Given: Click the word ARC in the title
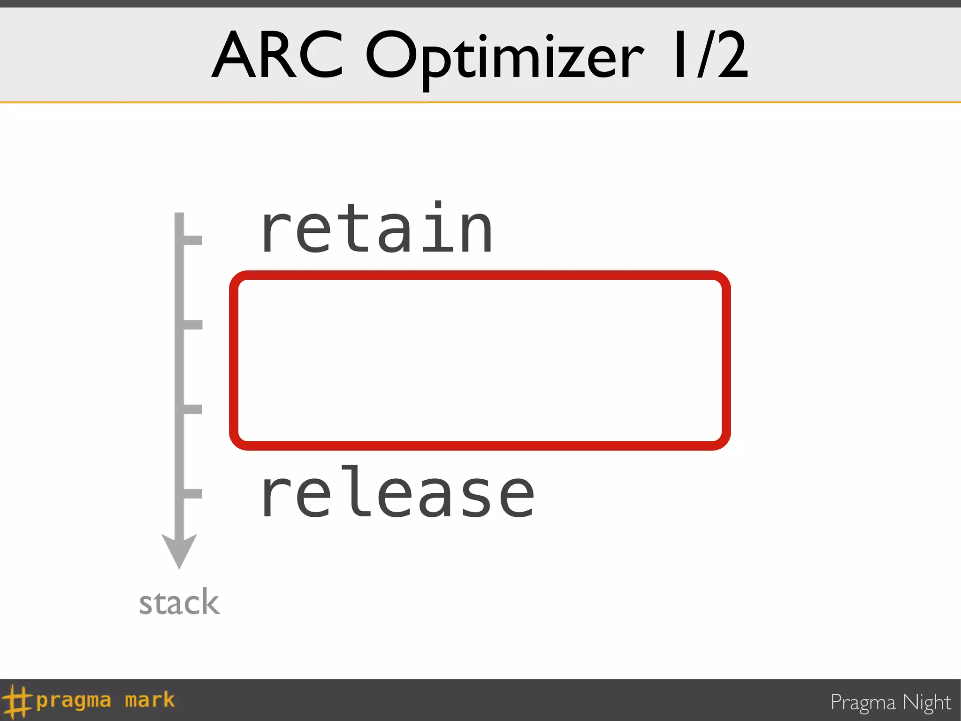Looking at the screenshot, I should pyautogui.click(x=278, y=55).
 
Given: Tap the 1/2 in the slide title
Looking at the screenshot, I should pyautogui.click(x=710, y=55).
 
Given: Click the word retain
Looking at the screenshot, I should pyautogui.click(x=377, y=229).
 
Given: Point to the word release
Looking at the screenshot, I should pyautogui.click(x=398, y=493).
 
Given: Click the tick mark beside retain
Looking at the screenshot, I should pyautogui.click(x=192, y=239).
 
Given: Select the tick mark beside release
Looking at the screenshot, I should pyautogui.click(x=192, y=493).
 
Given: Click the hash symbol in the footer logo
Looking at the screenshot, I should pyautogui.click(x=17, y=701).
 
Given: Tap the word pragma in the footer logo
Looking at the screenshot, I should pyautogui.click(x=74, y=701).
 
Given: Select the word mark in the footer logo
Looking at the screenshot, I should pyautogui.click(x=150, y=700).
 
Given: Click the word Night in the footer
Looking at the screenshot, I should pyautogui.click(x=927, y=703).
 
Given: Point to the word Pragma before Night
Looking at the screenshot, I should pyautogui.click(x=862, y=703).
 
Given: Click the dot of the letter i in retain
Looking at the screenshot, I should pyautogui.click(x=438, y=205).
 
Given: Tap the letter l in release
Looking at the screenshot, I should pyautogui.click(x=356, y=491).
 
